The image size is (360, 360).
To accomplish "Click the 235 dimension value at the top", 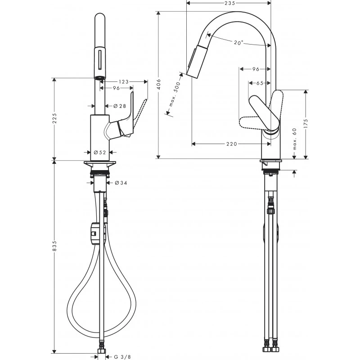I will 230,3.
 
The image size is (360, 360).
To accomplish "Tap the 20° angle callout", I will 238,42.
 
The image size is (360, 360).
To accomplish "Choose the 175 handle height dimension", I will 306,124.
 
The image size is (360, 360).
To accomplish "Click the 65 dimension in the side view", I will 260,83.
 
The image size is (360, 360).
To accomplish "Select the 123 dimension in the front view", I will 124,81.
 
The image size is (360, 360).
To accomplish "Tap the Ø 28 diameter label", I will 119,106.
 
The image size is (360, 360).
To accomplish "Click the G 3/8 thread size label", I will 119,357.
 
